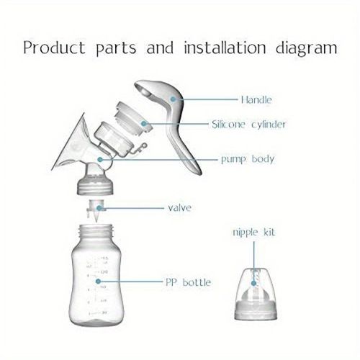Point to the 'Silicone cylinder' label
click(x=248, y=125)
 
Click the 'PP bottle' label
click(x=186, y=282)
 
